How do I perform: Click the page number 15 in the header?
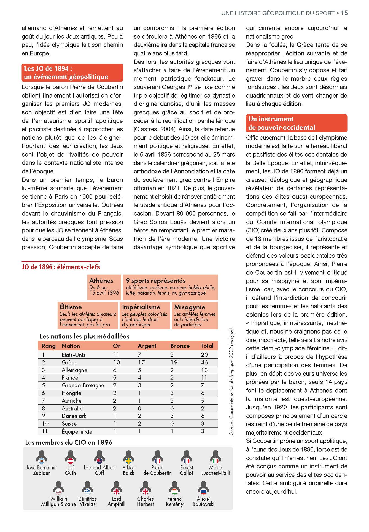[344, 13]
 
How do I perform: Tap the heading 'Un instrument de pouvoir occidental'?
[282, 123]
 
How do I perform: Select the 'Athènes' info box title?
[101, 281]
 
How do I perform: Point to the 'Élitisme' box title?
[71, 307]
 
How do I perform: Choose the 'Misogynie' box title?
[190, 307]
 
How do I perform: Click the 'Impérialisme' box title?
[141, 307]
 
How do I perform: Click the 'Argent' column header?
[147, 346]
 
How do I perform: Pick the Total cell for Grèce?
[204, 362]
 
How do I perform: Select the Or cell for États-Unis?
[116, 355]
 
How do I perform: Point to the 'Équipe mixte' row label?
[77, 432]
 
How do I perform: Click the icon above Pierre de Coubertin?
[157, 457]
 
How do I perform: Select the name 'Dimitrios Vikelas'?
[87, 501]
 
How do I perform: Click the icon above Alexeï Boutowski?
[203, 488]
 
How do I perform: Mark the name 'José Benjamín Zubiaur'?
[41, 470]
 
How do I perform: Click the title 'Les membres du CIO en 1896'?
[69, 442]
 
